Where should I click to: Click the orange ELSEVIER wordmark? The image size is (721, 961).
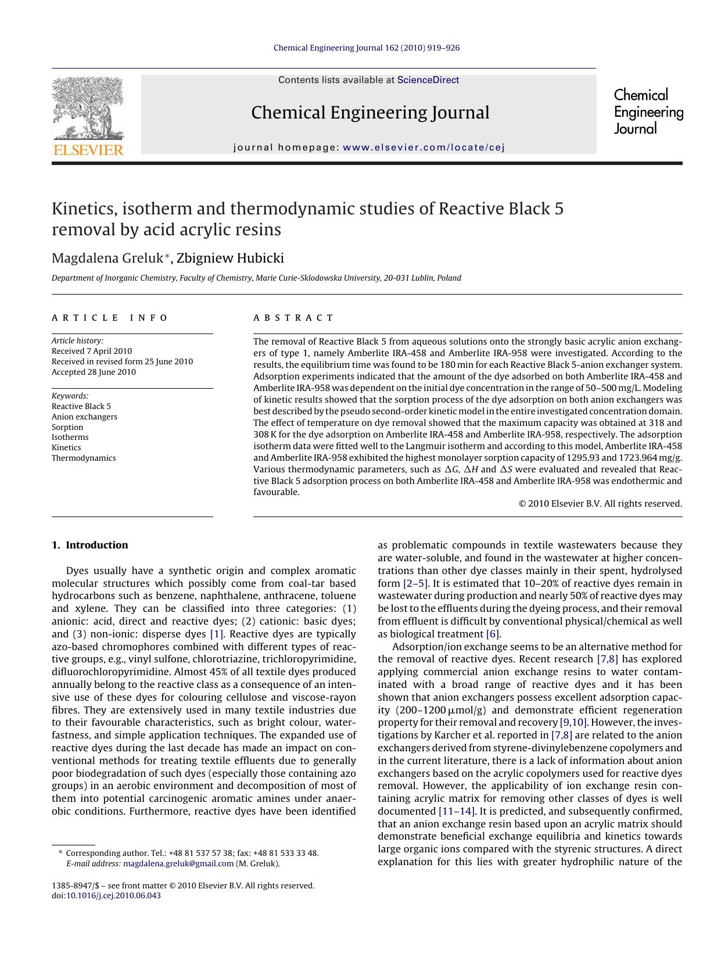pyautogui.click(x=88, y=150)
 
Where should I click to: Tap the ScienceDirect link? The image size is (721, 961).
pyautogui.click(x=428, y=80)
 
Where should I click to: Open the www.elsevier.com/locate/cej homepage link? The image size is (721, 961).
pyautogui.click(x=424, y=147)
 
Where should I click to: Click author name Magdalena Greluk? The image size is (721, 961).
pyautogui.click(x=107, y=258)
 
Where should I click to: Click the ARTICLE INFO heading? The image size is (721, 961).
pyautogui.click(x=109, y=318)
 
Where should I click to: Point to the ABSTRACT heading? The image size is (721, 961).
pyautogui.click(x=293, y=318)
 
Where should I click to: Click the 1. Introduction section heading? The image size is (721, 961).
pyautogui.click(x=89, y=545)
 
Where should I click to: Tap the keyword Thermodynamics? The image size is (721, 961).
pyautogui.click(x=84, y=458)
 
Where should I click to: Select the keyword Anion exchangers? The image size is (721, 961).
pyautogui.click(x=84, y=417)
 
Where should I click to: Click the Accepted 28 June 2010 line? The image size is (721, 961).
pyautogui.click(x=94, y=372)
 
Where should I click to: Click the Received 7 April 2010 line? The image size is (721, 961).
pyautogui.click(x=92, y=351)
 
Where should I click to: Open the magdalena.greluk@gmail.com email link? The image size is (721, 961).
pyautogui.click(x=178, y=863)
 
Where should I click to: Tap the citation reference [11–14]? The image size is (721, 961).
pyautogui.click(x=457, y=811)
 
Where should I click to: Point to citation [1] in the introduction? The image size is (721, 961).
pyautogui.click(x=217, y=634)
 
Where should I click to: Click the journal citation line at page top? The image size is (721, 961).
pyautogui.click(x=366, y=48)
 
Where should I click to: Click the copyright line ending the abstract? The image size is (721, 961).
pyautogui.click(x=600, y=504)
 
